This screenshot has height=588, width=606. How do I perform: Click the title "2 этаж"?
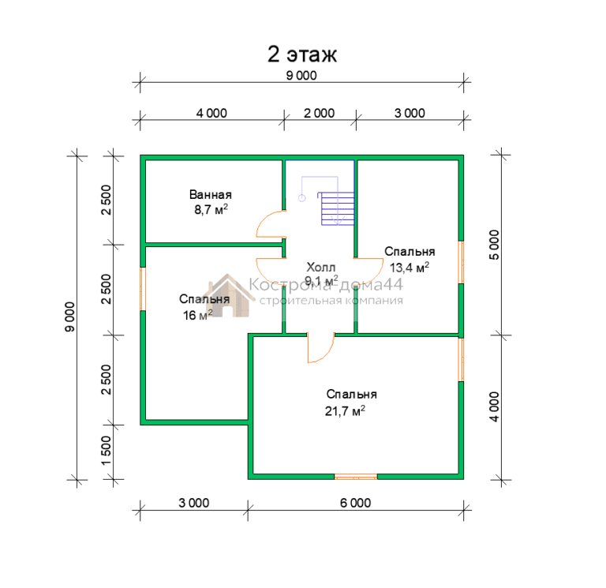pos(302,54)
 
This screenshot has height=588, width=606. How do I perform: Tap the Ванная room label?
pos(211,194)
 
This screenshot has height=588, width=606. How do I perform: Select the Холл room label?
pos(321,267)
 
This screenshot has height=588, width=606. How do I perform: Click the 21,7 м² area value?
pos(345,410)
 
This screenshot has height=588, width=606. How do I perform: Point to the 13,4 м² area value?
pos(410,267)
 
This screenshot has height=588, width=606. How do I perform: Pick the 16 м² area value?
pos(197,315)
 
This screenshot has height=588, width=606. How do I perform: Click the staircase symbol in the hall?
pos(338,208)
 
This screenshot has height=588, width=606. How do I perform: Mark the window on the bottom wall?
pos(356,477)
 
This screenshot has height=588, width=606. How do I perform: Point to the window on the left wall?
pos(143,289)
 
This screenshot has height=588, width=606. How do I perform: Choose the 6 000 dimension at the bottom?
pos(355,503)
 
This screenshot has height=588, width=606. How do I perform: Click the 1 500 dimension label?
pos(106,451)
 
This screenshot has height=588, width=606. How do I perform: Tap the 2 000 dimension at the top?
pos(319,114)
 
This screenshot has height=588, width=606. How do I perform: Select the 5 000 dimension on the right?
pos(494,245)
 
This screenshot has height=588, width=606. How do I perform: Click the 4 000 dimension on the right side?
pos(494,406)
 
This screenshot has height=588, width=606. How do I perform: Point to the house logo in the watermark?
pos(228,296)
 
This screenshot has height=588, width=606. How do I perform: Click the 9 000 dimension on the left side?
pos(70,316)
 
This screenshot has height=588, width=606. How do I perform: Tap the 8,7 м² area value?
pos(211,209)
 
